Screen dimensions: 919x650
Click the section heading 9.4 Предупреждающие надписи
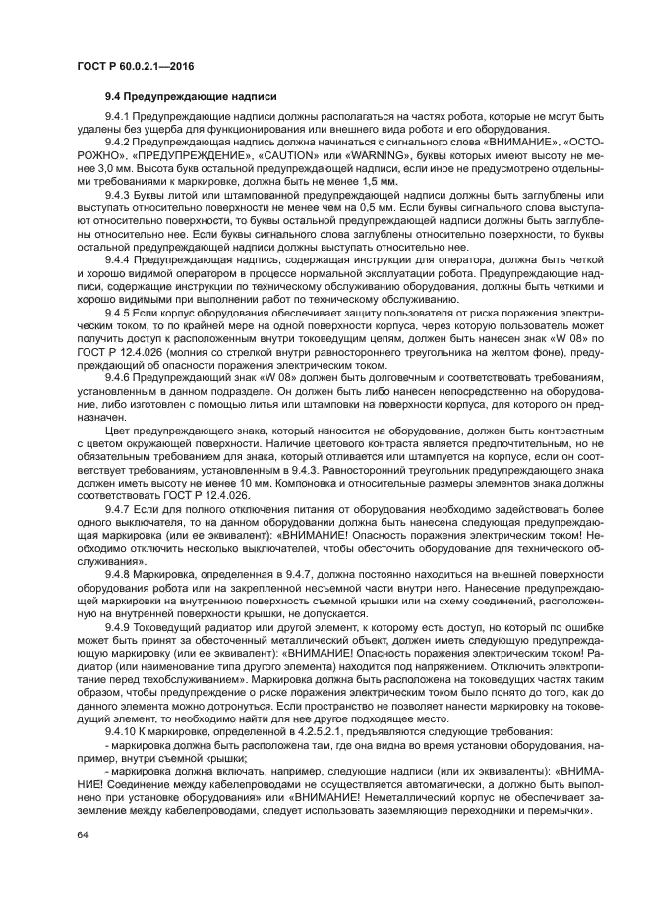pyautogui.click(x=191, y=97)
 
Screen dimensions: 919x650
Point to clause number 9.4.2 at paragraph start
pyautogui.click(x=118, y=143)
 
